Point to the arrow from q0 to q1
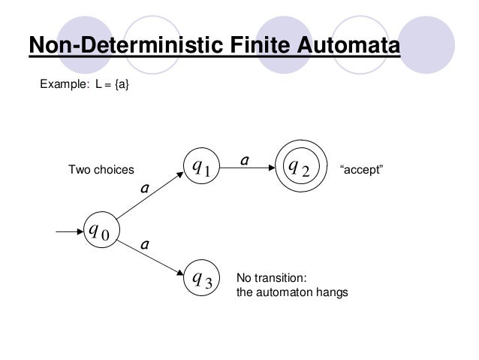click(x=149, y=198)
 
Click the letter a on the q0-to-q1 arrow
click(x=146, y=189)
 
